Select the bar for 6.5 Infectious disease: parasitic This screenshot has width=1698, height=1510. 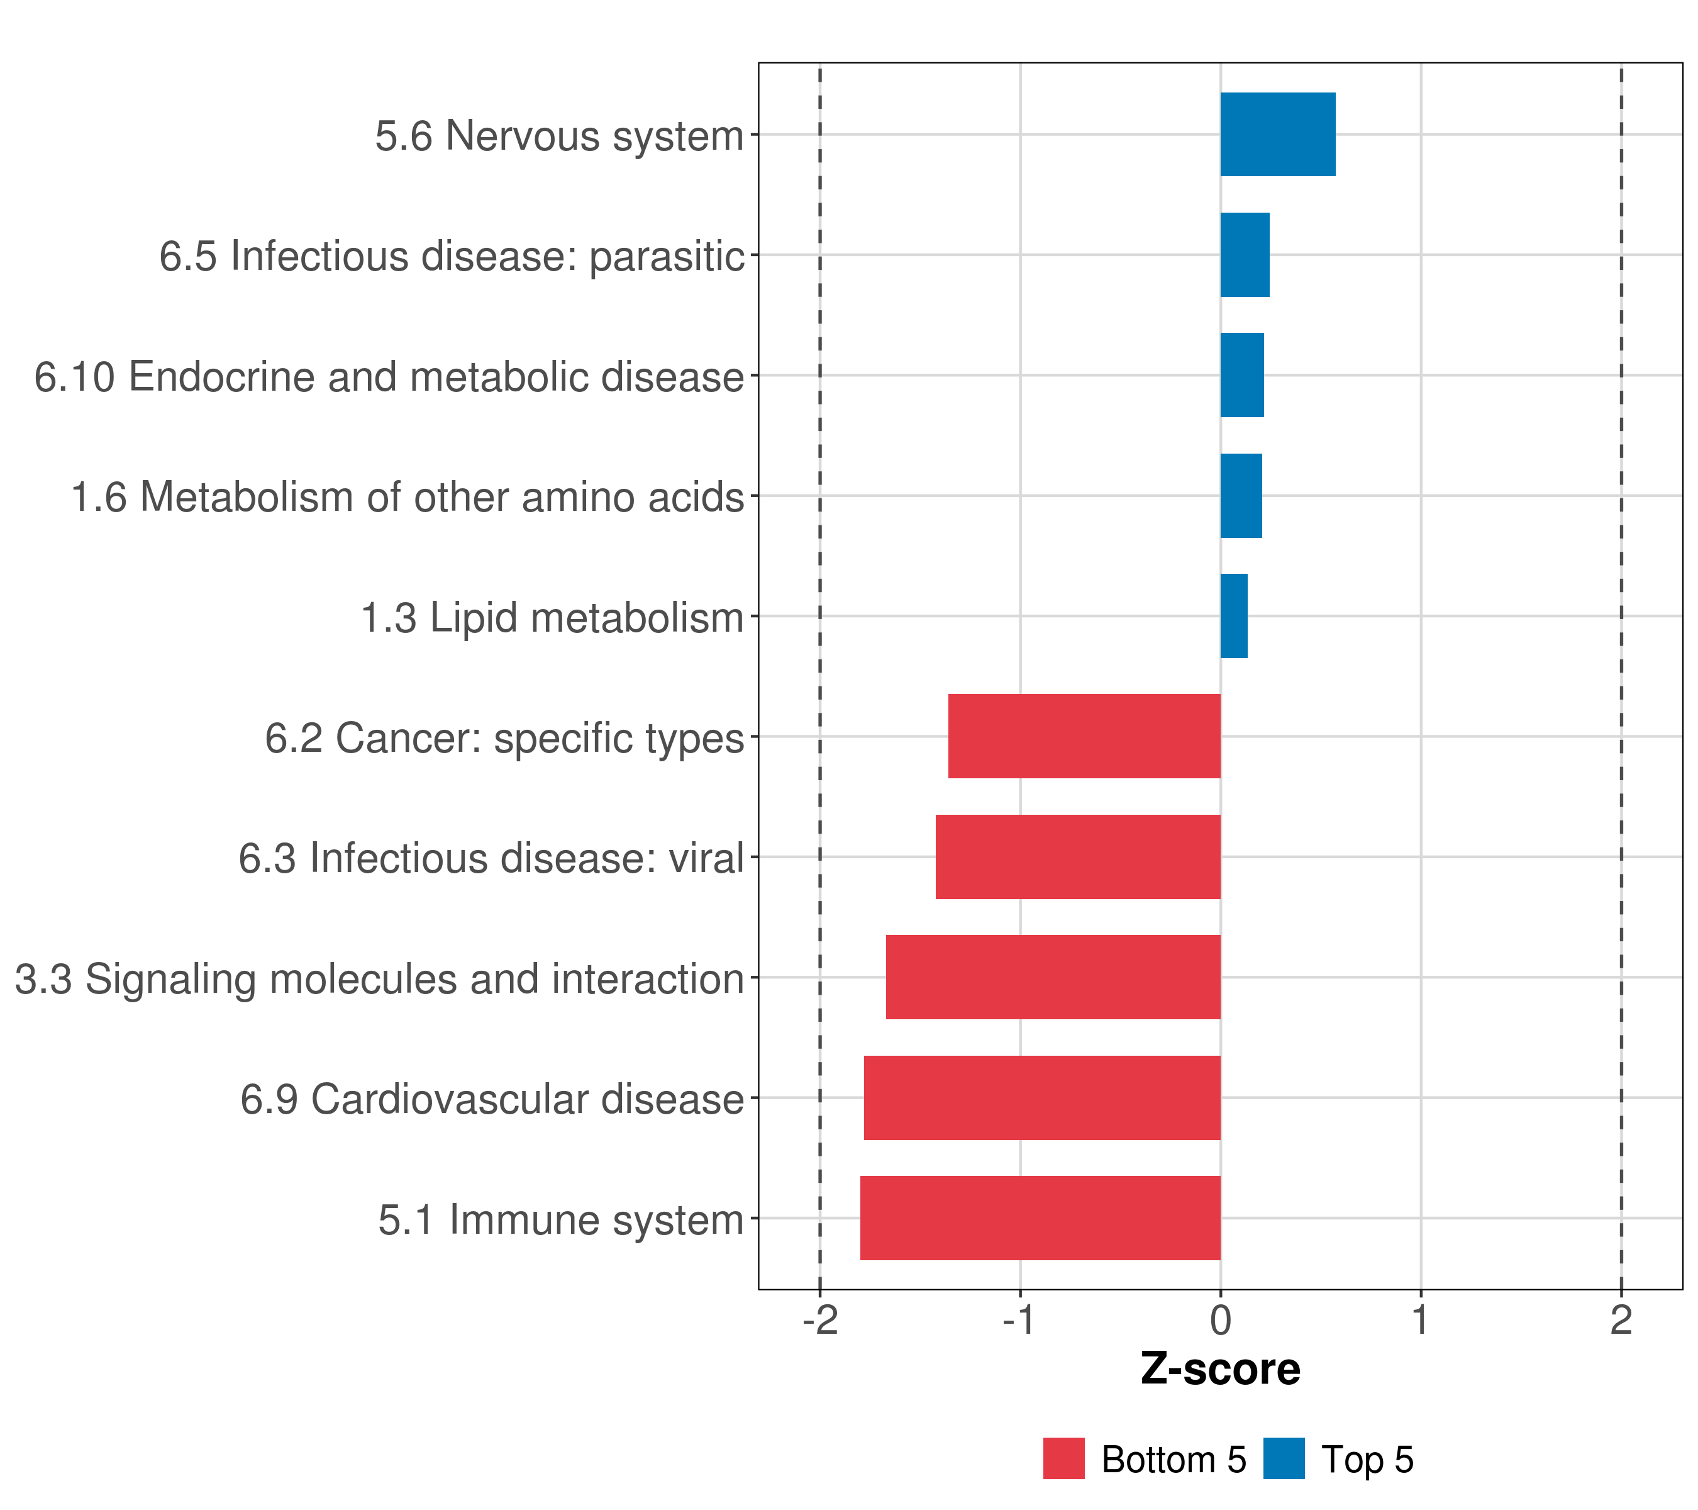1245,255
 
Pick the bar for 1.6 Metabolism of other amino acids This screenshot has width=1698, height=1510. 1240,496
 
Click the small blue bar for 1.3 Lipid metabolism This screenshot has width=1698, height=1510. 1234,616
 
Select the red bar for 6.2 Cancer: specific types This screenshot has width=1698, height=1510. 1084,736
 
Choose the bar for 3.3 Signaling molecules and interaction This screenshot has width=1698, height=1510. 1053,977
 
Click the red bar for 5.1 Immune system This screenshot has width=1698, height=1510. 1040,1218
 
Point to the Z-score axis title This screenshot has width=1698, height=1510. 1220,1370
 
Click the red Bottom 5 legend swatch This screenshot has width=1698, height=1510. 1063,1459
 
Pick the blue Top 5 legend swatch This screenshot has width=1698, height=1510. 1284,1459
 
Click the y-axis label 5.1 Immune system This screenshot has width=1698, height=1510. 561,1220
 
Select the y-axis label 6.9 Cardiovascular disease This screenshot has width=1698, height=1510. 492,1099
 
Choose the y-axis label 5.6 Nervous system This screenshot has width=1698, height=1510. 559,137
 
